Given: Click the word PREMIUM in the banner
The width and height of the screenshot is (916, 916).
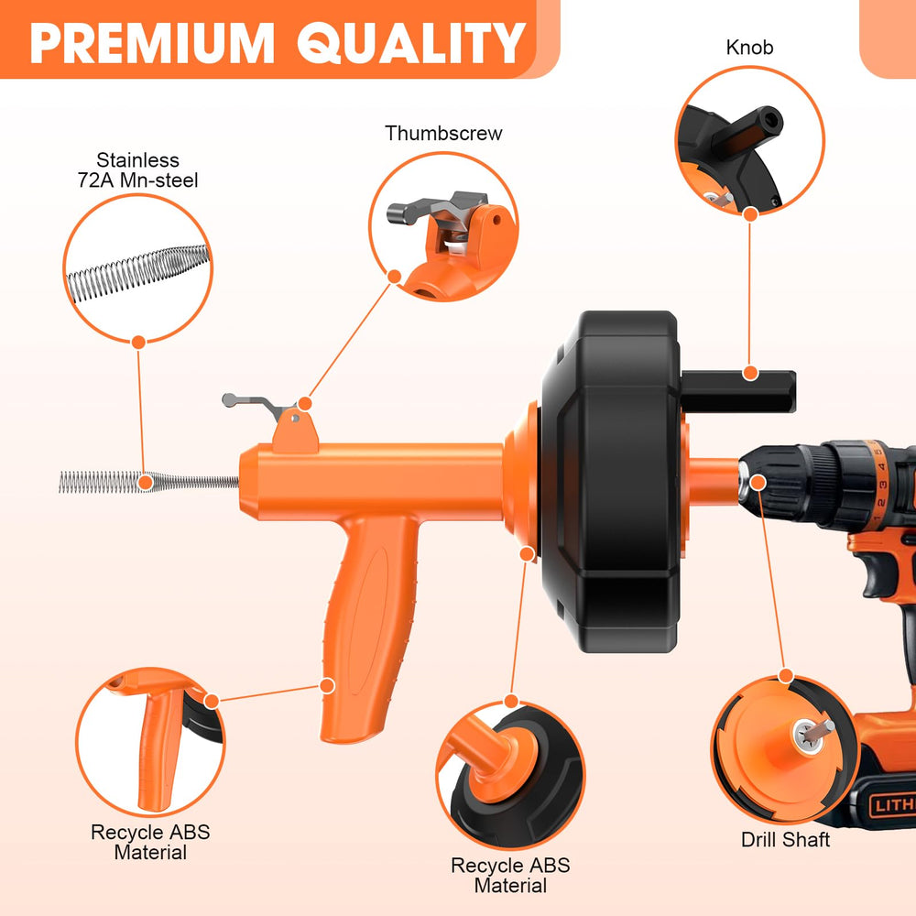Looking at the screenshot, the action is coord(152,43).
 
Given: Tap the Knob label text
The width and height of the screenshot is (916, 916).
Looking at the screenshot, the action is coord(749,48).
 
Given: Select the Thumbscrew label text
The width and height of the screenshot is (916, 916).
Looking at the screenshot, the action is coord(443,133).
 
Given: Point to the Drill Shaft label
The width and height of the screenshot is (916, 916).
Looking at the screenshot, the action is coord(785,839).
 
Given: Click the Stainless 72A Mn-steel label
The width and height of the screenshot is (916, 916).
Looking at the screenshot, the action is coord(138,170).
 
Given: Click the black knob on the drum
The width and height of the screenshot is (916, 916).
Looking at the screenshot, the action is coord(738,391).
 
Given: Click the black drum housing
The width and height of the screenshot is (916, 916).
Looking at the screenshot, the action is coord(610,481).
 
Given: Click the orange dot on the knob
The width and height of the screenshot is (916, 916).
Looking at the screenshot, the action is coord(750,373).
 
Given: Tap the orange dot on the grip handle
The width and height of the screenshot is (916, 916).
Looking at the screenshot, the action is coord(328,686).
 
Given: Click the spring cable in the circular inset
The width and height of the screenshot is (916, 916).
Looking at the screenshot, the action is coord(138,273).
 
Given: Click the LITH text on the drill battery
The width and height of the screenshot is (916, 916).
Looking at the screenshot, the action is coord(893,805).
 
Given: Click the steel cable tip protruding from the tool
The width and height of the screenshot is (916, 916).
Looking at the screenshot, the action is coord(149,483).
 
